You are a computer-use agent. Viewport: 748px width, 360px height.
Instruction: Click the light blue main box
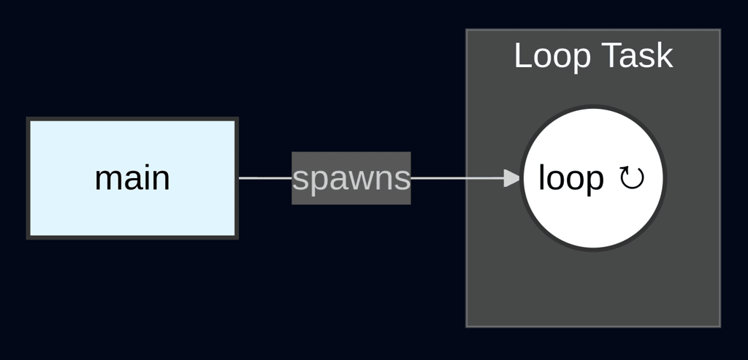[131, 212]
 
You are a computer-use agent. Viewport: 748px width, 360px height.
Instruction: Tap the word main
[132, 178]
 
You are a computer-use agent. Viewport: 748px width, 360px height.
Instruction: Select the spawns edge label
[351, 178]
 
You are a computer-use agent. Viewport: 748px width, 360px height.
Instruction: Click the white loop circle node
[593, 219]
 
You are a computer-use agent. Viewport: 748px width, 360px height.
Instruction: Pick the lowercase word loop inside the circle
[570, 178]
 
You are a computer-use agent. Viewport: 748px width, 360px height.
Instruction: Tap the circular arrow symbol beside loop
[632, 177]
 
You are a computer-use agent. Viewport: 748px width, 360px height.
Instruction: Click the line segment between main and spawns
[264, 178]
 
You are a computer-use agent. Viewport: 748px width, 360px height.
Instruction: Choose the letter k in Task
[665, 56]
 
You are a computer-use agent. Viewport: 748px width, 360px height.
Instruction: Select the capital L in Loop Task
[522, 56]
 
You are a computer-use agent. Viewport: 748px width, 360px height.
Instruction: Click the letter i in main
[146, 178]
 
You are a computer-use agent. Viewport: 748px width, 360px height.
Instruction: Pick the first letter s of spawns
[299, 180]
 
